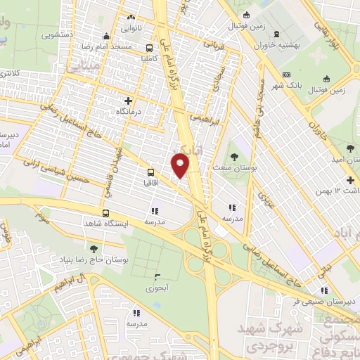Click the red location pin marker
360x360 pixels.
tap(180, 166)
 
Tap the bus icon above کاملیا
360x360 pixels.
tap(150, 48)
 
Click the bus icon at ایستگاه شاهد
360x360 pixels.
tap(105, 213)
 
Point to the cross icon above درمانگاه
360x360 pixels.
tap(128, 101)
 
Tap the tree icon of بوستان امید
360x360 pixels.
tap(349, 148)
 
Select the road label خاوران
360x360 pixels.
tap(318, 126)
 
